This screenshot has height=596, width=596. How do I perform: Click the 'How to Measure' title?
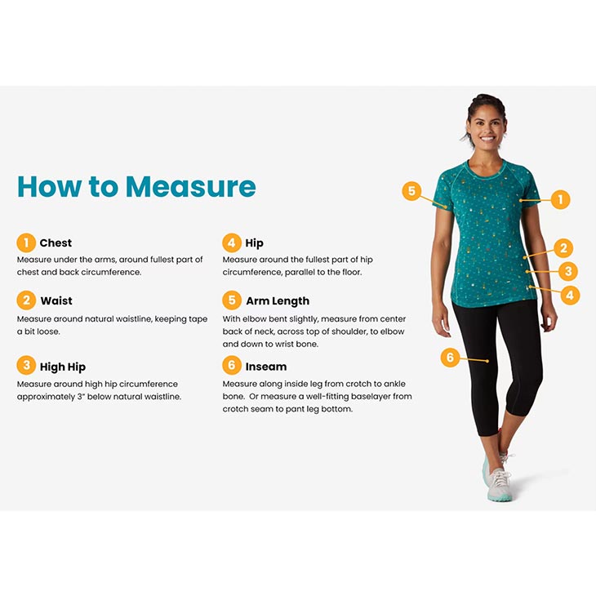tap(136, 187)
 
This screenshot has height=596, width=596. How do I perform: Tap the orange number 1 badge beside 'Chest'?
tap(26, 242)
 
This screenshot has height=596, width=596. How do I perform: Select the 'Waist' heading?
tap(56, 300)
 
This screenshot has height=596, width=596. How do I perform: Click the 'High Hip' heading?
tap(63, 367)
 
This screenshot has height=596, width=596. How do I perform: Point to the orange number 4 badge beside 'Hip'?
tap(232, 242)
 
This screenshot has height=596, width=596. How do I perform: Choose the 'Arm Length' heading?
tap(278, 301)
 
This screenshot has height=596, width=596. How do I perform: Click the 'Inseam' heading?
tap(266, 367)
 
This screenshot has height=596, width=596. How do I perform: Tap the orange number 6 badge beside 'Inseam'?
tap(232, 365)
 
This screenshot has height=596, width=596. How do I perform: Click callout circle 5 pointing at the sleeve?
tap(411, 191)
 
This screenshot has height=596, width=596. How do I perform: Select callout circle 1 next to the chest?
tap(560, 199)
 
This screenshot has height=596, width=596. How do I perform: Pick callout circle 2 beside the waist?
tap(563, 248)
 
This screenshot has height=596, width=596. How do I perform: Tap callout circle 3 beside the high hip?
tap(568, 271)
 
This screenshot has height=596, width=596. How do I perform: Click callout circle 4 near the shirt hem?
tap(570, 295)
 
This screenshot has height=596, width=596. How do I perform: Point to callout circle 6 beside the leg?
tap(450, 358)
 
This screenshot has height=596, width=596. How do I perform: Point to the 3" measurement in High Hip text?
tap(81, 397)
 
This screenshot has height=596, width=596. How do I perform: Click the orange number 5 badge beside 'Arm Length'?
tap(232, 300)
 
